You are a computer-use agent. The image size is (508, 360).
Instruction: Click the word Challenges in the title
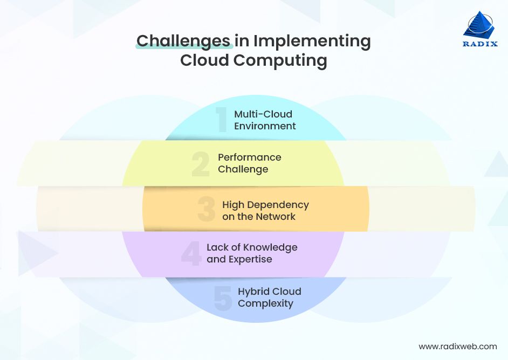click(184, 41)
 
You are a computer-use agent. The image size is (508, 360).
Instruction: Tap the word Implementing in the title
click(312, 41)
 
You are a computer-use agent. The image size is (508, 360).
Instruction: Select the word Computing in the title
click(280, 60)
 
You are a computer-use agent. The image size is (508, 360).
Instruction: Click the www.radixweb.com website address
click(457, 347)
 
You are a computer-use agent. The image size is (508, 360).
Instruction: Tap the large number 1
click(221, 120)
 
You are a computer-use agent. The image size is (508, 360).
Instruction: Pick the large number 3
click(206, 210)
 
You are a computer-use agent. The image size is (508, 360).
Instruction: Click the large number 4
click(190, 253)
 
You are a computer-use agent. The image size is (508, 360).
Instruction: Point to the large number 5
click(223, 298)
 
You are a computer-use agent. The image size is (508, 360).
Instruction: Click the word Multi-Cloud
click(263, 114)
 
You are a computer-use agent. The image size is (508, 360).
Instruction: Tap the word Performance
click(250, 157)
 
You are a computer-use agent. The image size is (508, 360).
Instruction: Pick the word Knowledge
click(270, 247)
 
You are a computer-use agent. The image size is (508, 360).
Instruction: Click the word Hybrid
click(255, 292)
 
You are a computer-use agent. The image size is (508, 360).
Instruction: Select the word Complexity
click(265, 303)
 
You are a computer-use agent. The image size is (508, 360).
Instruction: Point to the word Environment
click(265, 126)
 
